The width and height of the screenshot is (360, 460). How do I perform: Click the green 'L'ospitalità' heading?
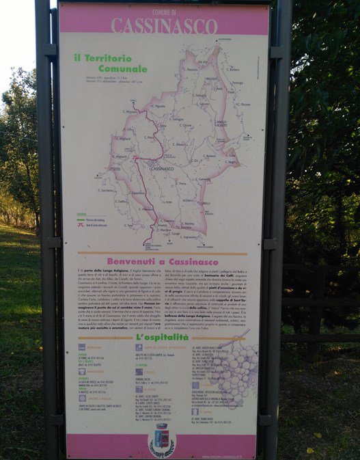pos(162,338)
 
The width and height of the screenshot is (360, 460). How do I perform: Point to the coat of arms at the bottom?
pos(162,438)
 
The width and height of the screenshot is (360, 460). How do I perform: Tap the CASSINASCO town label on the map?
pos(162,168)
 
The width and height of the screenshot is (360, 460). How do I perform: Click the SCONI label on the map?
pos(186,200)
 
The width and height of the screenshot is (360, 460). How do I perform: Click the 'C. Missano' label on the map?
pos(129,111)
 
